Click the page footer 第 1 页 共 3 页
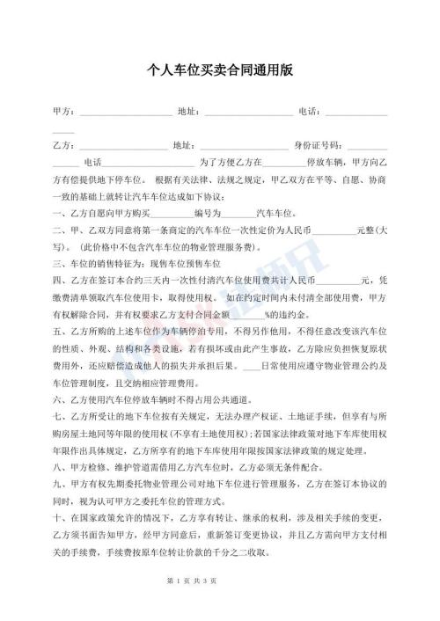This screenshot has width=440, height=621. click(x=220, y=606)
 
